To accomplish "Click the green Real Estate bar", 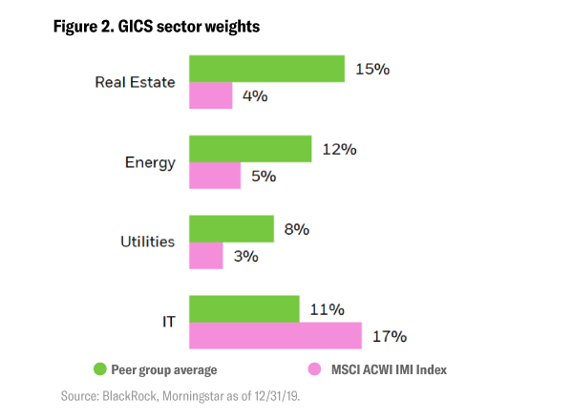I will (266, 69).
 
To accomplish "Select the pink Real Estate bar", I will (210, 95).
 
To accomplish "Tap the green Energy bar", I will (250, 149).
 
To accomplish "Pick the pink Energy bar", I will (215, 176).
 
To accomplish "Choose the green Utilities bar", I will (231, 229).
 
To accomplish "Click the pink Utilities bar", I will (205, 256).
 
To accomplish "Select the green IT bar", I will (244, 309).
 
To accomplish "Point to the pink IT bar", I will (275, 336).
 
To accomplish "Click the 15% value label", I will (371, 69).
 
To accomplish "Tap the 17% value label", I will (389, 336).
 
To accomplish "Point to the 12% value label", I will (339, 149).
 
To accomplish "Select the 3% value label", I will (245, 256).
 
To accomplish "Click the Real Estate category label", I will (135, 82).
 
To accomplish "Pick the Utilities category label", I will (146, 241).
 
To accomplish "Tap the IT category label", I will (166, 323).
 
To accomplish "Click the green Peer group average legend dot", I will (99, 368).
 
